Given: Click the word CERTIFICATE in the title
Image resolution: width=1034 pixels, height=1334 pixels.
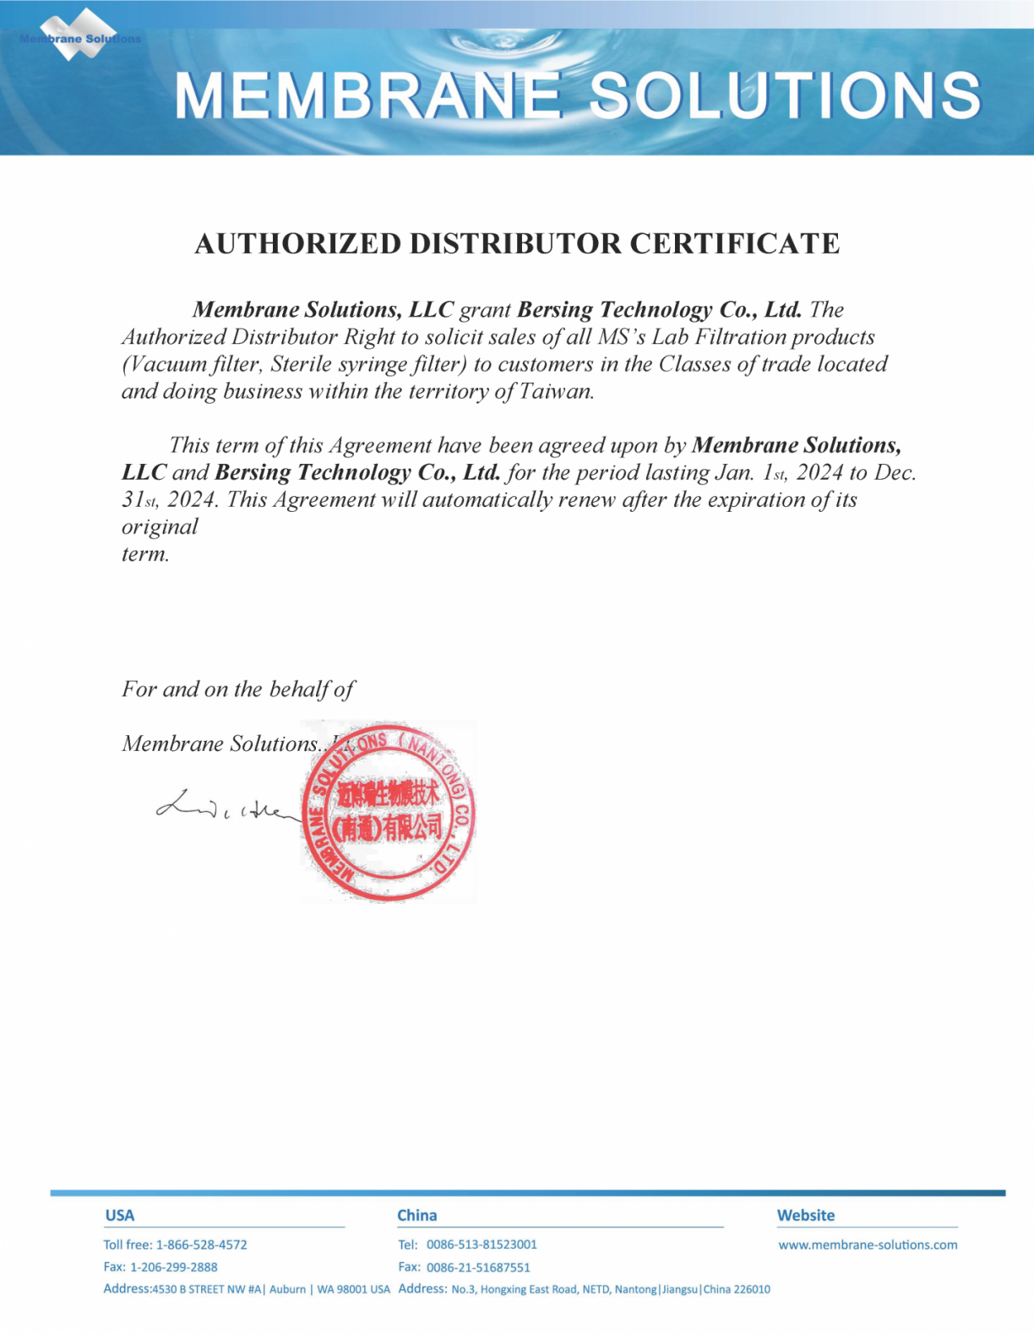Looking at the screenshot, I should (x=734, y=243).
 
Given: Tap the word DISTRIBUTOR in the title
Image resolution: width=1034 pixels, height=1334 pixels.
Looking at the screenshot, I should (x=515, y=243).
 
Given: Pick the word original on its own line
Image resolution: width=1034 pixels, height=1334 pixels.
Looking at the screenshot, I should (x=160, y=526).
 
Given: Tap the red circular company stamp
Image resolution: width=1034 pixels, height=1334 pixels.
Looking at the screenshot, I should (x=389, y=812).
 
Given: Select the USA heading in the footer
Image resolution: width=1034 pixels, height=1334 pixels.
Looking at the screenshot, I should (x=119, y=1215).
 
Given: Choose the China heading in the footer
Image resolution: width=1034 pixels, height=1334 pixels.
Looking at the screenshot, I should (x=417, y=1215).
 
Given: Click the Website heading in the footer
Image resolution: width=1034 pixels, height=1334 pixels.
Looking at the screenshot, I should (x=806, y=1215).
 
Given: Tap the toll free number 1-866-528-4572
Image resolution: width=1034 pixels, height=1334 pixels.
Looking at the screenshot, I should (x=202, y=1244).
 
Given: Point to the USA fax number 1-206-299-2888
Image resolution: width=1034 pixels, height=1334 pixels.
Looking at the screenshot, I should (x=174, y=1267).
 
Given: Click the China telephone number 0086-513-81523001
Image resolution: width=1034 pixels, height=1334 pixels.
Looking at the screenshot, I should (x=482, y=1244).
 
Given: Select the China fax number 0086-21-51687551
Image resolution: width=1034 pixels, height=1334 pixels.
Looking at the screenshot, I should (x=478, y=1267).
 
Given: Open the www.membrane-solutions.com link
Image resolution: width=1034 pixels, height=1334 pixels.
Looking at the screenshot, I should (x=868, y=1244).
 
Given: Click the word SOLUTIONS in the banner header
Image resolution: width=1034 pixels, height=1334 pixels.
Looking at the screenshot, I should (x=785, y=95).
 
